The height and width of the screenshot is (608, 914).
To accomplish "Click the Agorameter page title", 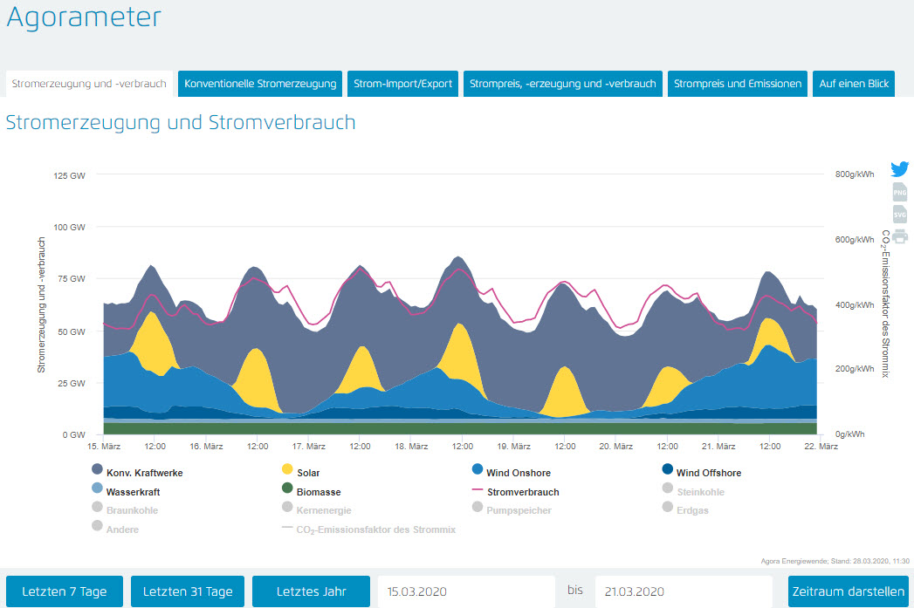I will pyautogui.click(x=84, y=17).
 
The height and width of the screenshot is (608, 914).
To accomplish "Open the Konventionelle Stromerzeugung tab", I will pyautogui.click(x=260, y=84).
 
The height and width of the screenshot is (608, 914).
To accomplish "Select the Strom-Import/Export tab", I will pyautogui.click(x=403, y=84).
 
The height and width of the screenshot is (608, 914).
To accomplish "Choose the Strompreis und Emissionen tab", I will pyautogui.click(x=738, y=84).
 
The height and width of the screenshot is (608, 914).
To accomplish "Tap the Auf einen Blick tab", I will pyautogui.click(x=854, y=84).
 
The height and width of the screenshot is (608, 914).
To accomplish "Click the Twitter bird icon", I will pyautogui.click(x=900, y=169).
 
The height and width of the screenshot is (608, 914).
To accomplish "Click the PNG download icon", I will pyautogui.click(x=900, y=192).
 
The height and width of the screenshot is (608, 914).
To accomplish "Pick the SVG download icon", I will pyautogui.click(x=900, y=214).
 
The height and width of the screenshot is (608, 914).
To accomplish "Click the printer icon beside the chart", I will pyautogui.click(x=900, y=236).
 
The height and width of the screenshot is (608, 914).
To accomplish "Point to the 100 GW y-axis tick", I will pyautogui.click(x=70, y=227).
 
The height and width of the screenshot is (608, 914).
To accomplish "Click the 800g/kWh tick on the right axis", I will pyautogui.click(x=854, y=174).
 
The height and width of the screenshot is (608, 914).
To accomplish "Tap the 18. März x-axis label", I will pyautogui.click(x=411, y=447).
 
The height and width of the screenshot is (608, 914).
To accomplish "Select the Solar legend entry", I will pyautogui.click(x=307, y=473).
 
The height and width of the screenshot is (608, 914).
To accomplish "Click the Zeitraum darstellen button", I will pyautogui.click(x=847, y=591).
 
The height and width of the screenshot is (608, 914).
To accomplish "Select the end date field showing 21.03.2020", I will pyautogui.click(x=684, y=591).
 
